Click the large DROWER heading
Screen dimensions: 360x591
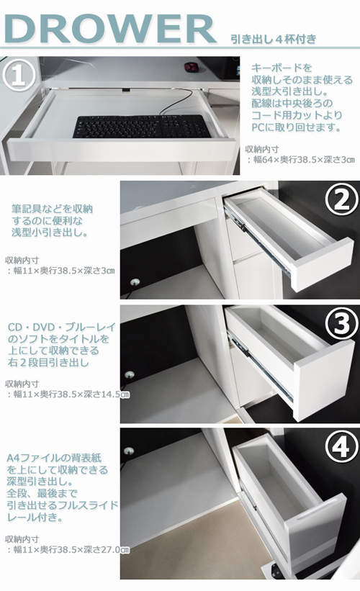(x=110, y=30)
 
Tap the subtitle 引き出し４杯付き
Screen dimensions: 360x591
(x=274, y=39)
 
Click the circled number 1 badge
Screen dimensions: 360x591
(x=19, y=76)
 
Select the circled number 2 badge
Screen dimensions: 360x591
(x=341, y=201)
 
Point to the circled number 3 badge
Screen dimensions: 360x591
(x=341, y=323)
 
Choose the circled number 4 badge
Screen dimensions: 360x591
(x=341, y=447)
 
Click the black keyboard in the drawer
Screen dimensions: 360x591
(x=141, y=127)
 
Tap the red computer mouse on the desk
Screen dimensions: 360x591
(x=192, y=68)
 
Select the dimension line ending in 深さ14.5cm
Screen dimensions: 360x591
(x=68, y=394)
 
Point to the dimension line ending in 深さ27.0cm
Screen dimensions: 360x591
(x=68, y=550)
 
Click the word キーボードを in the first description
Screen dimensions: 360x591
(x=282, y=68)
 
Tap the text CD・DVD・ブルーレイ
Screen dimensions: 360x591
(x=62, y=327)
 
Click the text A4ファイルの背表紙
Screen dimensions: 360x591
(x=54, y=458)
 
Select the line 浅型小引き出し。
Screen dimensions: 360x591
(x=50, y=233)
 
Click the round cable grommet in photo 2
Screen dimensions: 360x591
(x=135, y=281)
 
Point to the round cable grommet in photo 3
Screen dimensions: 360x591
(x=130, y=374)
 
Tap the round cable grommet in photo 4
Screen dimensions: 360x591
(x=129, y=451)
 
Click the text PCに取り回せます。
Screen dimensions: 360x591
(x=297, y=127)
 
